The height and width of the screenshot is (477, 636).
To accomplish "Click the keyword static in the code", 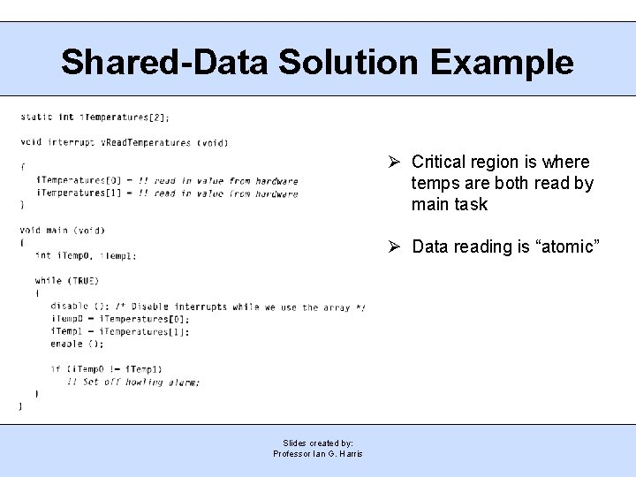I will [x=35, y=117].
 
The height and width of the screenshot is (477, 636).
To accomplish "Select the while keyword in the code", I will [x=48, y=281].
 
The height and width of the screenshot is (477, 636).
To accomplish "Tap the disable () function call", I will [x=66, y=307].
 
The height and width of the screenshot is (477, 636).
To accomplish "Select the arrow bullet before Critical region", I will [x=396, y=162].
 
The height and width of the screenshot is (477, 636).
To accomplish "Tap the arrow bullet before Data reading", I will [x=396, y=246].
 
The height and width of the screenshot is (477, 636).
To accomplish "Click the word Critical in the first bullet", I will [x=440, y=162].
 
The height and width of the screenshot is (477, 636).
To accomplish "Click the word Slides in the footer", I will [x=295, y=443].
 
